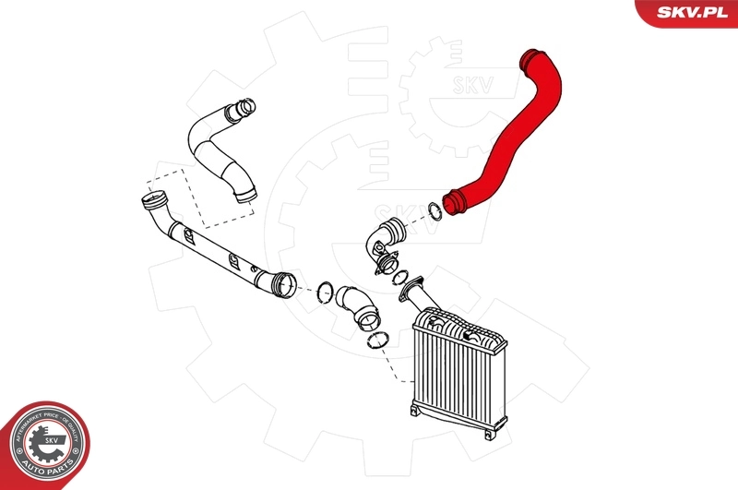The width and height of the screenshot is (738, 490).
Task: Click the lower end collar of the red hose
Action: tap(456, 203)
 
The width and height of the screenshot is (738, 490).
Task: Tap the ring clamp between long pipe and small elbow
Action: tap(325, 292)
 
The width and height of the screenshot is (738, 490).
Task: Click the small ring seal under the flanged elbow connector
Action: tap(399, 277)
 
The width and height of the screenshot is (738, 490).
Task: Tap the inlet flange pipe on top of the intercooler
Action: tap(414, 296)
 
